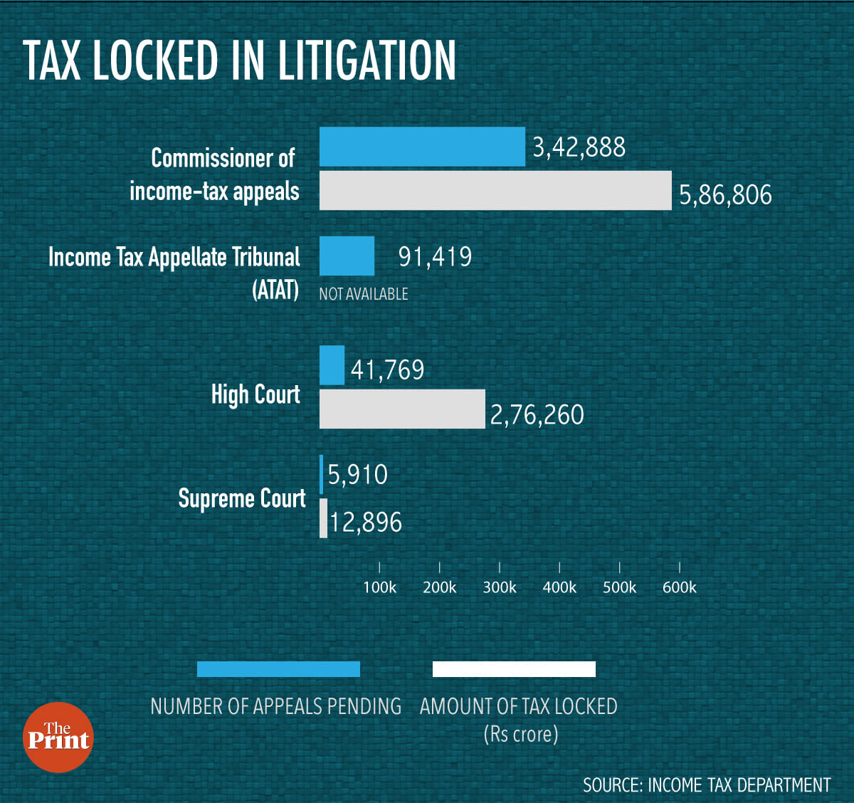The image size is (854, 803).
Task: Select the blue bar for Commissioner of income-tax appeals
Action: pos(422,147)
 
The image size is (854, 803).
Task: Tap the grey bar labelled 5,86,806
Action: pos(495,190)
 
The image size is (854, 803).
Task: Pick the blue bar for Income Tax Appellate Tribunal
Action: pos(347,256)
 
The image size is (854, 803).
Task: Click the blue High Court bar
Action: pos(332,365)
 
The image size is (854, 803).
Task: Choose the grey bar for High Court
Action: pos(402,409)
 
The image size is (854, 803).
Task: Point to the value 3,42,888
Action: pos(579,147)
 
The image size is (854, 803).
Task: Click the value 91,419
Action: pos(435,256)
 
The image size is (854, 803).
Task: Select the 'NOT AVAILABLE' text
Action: pos(364,294)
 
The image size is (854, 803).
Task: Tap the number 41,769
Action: pos(387,370)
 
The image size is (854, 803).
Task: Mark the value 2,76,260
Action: pos(537,415)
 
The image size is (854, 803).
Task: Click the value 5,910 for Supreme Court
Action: pos(357,475)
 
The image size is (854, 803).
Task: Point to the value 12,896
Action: pos(366,523)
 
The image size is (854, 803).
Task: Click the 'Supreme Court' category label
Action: pos(242,498)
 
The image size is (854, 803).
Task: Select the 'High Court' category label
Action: pos(255,394)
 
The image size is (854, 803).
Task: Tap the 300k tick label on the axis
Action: pos(500,587)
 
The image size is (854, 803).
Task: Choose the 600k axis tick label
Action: pos(680,587)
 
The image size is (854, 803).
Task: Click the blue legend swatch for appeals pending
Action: pos(278,669)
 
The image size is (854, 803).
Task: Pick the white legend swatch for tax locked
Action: pos(514,669)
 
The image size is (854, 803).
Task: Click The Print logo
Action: pos(58,738)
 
